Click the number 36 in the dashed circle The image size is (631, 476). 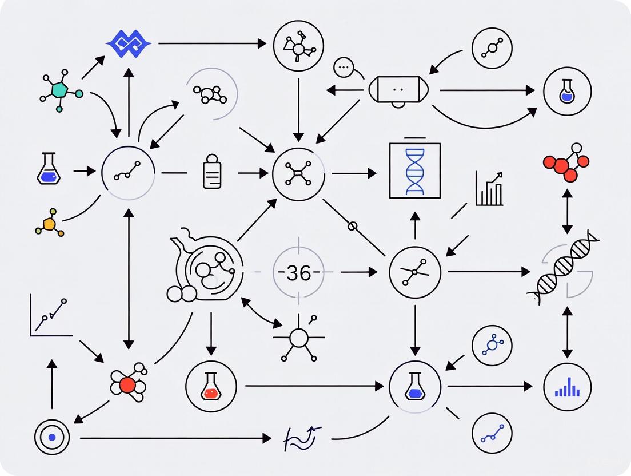(298, 273)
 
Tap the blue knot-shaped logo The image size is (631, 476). (129, 43)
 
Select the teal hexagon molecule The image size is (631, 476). (59, 90)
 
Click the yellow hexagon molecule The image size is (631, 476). (50, 224)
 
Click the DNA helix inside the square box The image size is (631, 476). (415, 170)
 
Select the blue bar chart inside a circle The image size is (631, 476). (567, 387)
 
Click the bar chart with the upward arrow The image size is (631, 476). (489, 189)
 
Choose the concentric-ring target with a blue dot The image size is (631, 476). (52, 438)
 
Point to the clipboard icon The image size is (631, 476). (212, 172)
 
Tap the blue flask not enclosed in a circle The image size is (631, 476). (49, 169)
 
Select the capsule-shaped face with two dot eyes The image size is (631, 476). (398, 91)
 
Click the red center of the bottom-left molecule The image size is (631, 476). (127, 384)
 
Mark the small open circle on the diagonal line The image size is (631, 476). (353, 226)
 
